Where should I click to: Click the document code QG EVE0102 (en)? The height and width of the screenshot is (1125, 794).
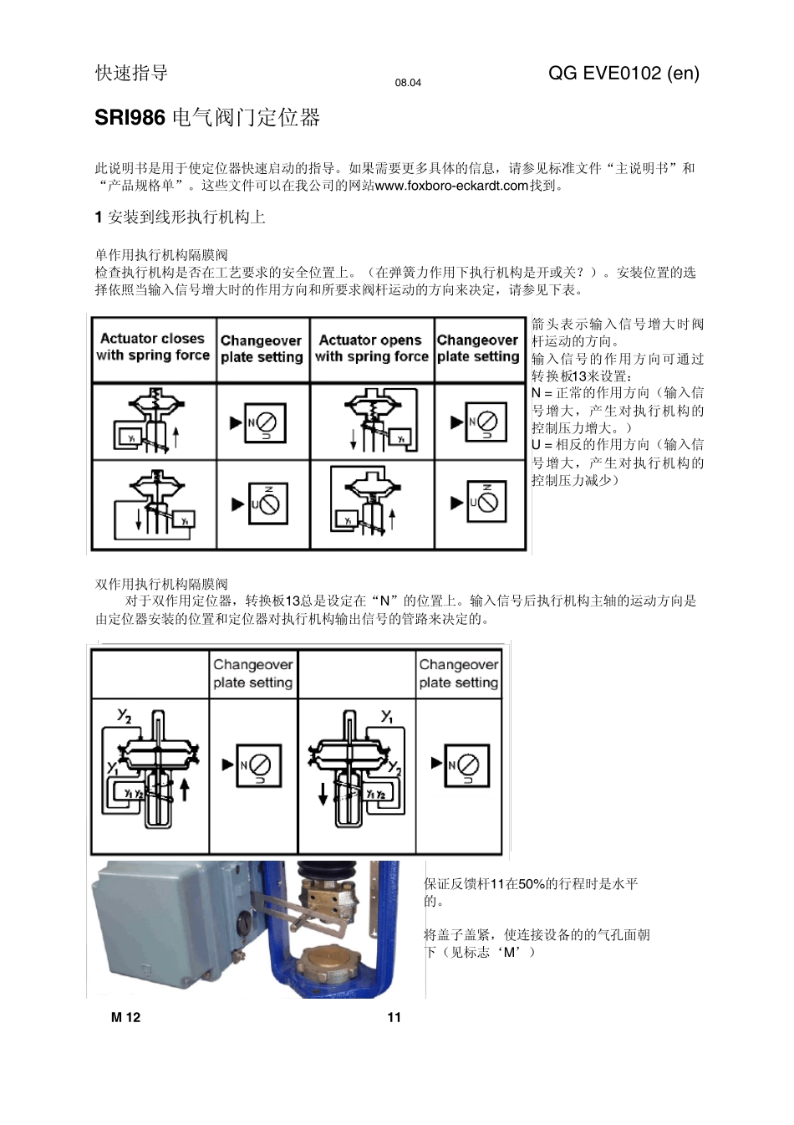tap(623, 74)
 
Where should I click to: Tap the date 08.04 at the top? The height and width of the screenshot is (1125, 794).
tap(408, 83)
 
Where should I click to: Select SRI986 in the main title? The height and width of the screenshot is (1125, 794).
tap(130, 118)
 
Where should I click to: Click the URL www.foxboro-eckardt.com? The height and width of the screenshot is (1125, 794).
tap(451, 186)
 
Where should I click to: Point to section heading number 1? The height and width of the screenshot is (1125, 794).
tap(99, 217)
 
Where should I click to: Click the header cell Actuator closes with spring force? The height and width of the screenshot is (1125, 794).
tap(152, 347)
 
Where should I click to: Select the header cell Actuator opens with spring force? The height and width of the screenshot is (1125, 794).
tap(371, 348)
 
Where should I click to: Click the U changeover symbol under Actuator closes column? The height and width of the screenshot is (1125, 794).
tap(267, 504)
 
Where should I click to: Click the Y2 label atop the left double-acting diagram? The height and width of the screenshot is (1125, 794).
tap(124, 716)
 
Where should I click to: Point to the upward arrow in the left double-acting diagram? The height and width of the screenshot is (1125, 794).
tap(185, 789)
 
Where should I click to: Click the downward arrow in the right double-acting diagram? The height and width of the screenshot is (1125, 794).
tap(323, 793)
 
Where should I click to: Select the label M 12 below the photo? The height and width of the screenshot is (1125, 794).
tap(125, 1017)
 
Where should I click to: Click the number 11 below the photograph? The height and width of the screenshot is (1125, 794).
tap(394, 1017)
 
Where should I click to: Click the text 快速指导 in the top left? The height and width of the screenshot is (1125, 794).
tap(131, 74)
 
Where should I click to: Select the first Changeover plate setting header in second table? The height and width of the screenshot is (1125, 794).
tap(252, 673)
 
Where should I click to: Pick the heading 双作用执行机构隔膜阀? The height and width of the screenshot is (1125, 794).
tap(161, 584)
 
